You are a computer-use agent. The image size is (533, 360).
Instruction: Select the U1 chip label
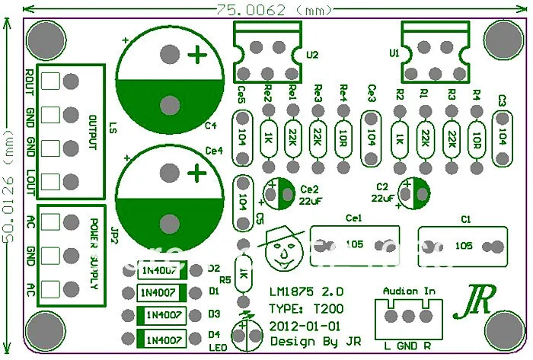394,54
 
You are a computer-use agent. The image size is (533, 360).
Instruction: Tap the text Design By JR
315,341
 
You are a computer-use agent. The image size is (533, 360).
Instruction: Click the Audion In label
409,291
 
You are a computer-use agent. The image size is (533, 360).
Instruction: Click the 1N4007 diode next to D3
161,315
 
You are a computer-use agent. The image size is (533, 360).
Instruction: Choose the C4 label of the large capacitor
212,126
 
